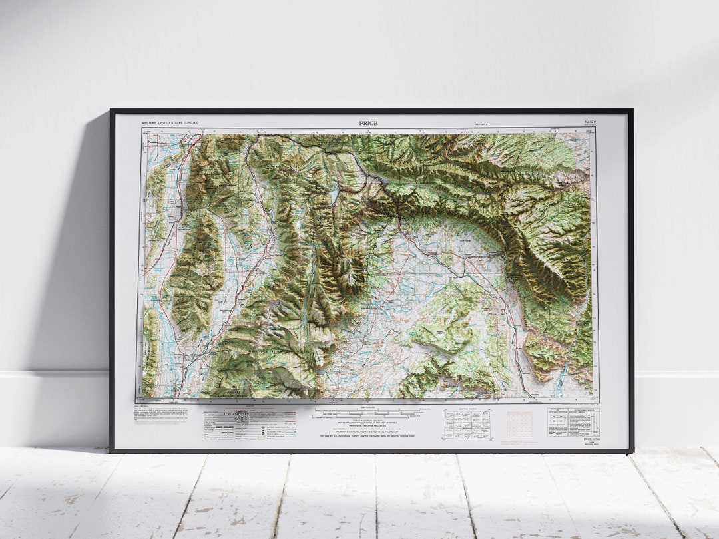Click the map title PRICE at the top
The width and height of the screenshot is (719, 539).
tap(368, 123)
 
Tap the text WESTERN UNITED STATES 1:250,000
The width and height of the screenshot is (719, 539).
tap(170, 123)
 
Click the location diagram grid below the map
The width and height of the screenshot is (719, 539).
tap(467, 423)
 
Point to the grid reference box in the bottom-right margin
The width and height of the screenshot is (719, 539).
tap(573, 421)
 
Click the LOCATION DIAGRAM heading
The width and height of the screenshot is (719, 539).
tap(467, 409)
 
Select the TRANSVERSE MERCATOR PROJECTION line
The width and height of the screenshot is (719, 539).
tap(368, 427)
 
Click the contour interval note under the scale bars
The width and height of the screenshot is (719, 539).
tap(368, 422)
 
